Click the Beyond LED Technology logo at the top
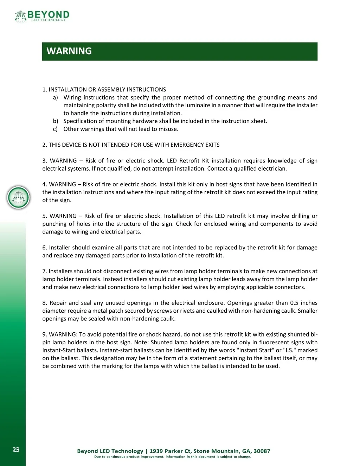pyautogui.click(x=42, y=16)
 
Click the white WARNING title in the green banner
pyautogui.click(x=69, y=51)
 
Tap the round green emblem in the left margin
pyautogui.click(x=19, y=197)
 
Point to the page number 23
pyautogui.click(x=16, y=449)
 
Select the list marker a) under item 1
pyautogui.click(x=56, y=97)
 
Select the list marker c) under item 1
pyautogui.click(x=55, y=129)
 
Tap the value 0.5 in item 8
pyautogui.click(x=294, y=303)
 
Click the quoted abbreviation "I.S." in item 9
pyautogui.click(x=290, y=350)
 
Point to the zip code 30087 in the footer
pyautogui.click(x=262, y=451)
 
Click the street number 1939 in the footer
pyautogui.click(x=156, y=451)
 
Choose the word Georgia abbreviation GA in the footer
pyautogui.click(x=246, y=451)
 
